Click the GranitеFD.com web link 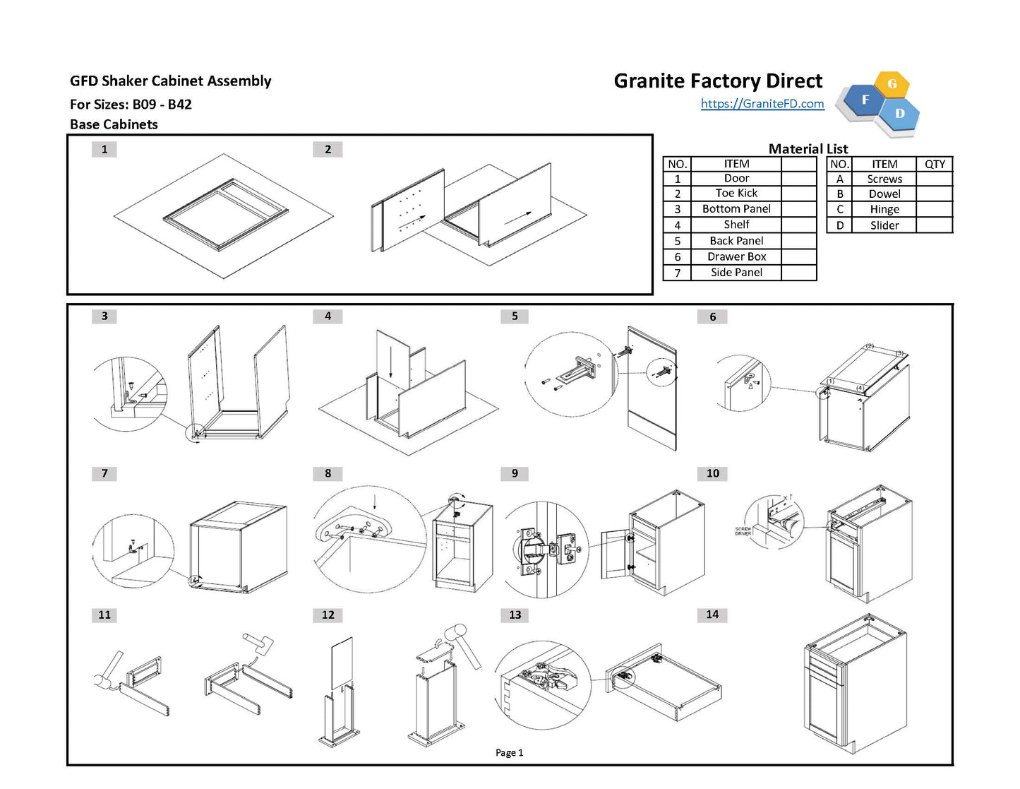click(762, 104)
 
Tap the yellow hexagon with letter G click(892, 84)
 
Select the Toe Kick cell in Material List click(736, 194)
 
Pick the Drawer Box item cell click(736, 257)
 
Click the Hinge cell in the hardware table click(884, 210)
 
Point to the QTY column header click(935, 164)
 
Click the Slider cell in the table click(884, 226)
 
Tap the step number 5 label click(515, 316)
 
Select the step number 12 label click(328, 615)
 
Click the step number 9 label click(515, 473)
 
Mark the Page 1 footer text click(509, 753)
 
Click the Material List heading click(808, 149)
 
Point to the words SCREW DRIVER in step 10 click(743, 531)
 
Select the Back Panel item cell click(736, 241)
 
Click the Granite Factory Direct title click(718, 81)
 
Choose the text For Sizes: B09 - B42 click(131, 105)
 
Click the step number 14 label click(712, 615)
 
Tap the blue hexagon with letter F click(865, 100)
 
